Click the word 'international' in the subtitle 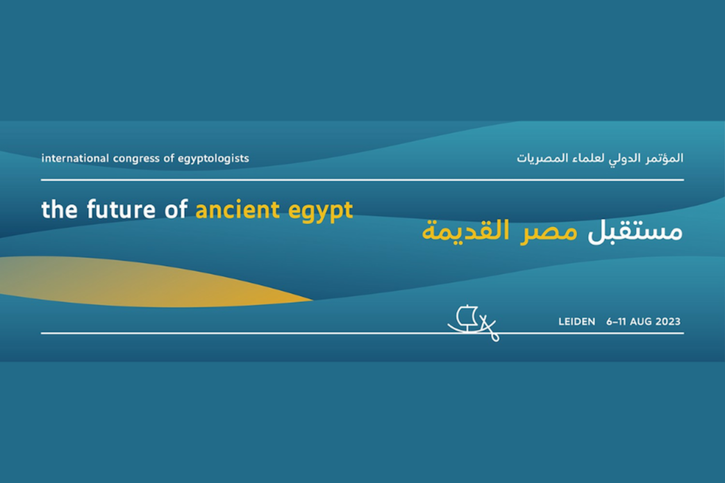(x=75, y=158)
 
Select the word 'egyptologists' (x=213, y=159)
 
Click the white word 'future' (x=121, y=210)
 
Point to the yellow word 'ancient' (x=237, y=210)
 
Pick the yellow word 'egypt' (x=320, y=212)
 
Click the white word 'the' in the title (x=59, y=210)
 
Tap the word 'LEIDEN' (x=576, y=322)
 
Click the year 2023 (x=667, y=322)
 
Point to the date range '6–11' (x=617, y=322)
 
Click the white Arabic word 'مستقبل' (x=635, y=231)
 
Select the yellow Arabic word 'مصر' (x=549, y=232)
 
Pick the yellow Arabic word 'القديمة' (x=465, y=230)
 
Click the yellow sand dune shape (x=139, y=282)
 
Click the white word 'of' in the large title (x=176, y=210)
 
